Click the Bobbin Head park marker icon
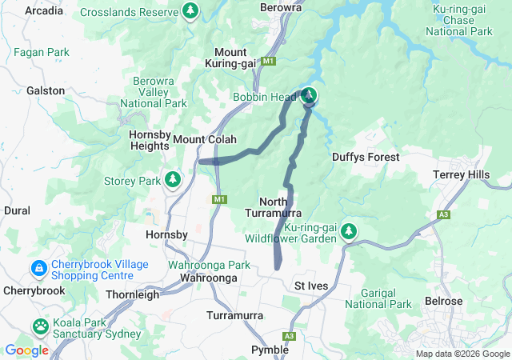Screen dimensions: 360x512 (x=310, y=96)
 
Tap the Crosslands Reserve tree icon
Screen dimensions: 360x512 (x=190, y=11)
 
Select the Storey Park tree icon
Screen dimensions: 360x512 (x=172, y=178)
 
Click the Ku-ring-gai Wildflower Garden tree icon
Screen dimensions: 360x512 (x=348, y=231)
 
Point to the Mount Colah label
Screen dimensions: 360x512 (x=205, y=139)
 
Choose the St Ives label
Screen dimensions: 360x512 (x=311, y=286)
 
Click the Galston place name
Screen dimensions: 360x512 (x=46, y=90)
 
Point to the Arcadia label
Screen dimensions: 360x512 (x=44, y=11)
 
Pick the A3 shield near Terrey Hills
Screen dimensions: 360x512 (x=443, y=214)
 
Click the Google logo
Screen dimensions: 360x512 (x=26, y=350)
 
